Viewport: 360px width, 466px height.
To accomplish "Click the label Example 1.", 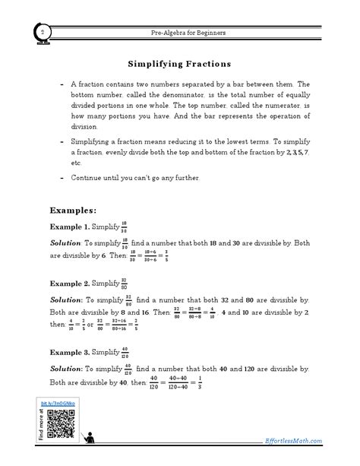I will point(69,227).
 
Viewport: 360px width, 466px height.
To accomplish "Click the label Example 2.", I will point(69,283).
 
